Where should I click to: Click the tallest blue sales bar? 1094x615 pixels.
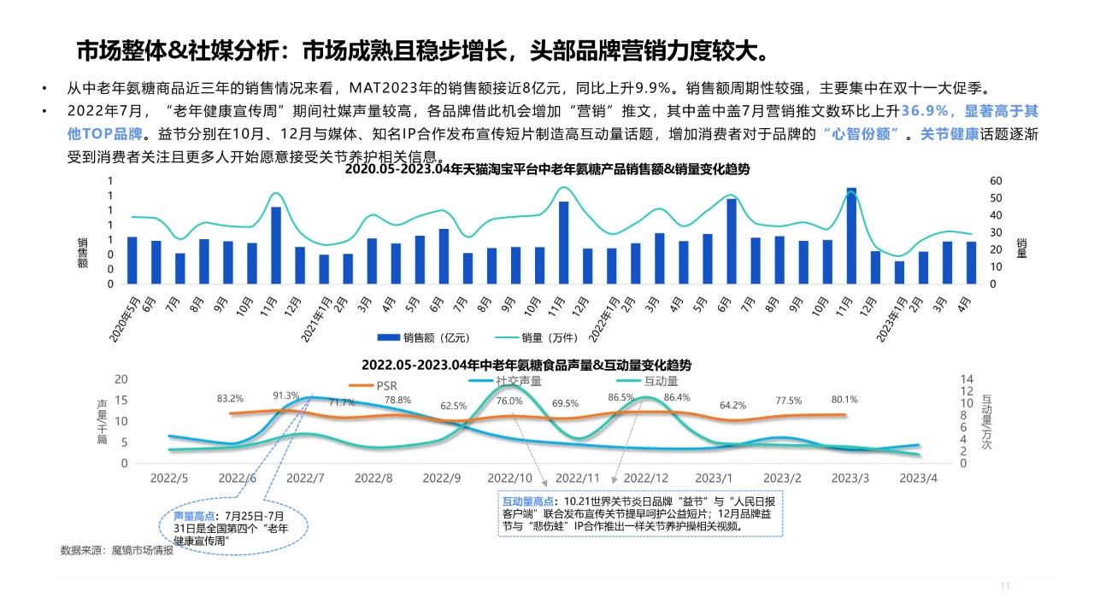pos(851,236)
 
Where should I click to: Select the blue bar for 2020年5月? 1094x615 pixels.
pos(132,260)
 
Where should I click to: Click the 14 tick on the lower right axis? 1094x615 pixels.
pos(968,379)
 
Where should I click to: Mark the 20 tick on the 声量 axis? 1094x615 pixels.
pos(121,379)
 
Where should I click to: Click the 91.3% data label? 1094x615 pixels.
pos(285,395)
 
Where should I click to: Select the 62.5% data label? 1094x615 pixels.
pos(453,406)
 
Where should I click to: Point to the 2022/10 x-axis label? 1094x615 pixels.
pos(509,478)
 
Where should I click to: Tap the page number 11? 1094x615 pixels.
pos(1005,586)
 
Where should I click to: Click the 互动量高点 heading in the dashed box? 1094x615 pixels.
pos(526,501)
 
